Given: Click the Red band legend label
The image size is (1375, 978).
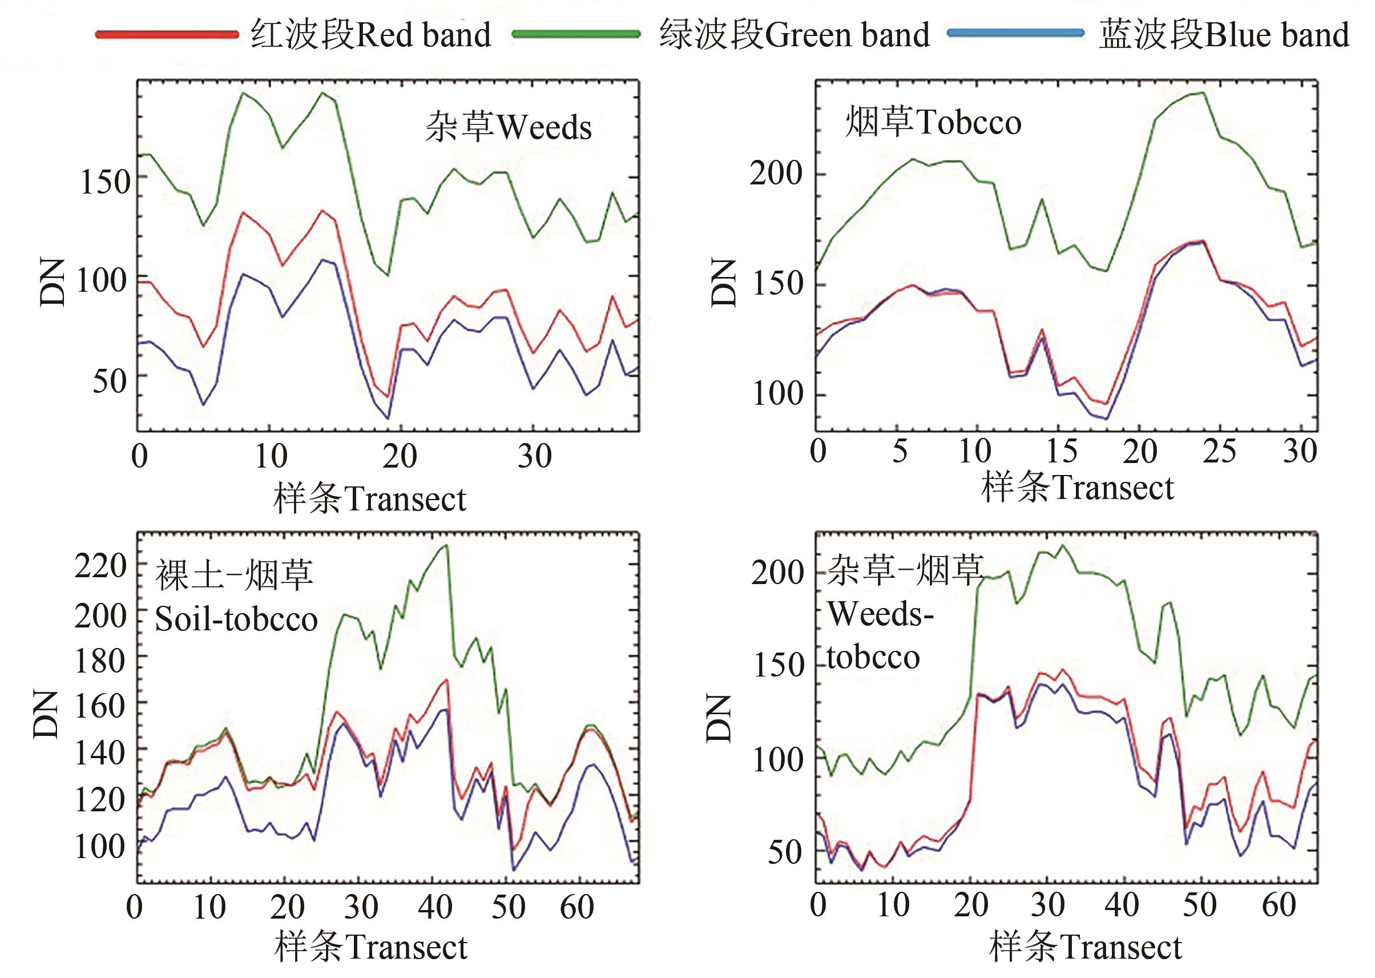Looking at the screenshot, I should [371, 34].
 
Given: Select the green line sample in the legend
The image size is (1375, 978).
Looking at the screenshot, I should [575, 34].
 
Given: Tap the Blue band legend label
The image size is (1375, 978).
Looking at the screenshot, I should [1223, 34].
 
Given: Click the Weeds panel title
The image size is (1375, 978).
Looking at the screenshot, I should [508, 127].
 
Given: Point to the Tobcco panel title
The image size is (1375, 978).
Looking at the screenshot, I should [933, 122].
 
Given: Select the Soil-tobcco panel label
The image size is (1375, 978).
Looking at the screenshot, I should [236, 597].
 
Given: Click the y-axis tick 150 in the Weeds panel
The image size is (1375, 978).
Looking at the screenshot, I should [105, 180].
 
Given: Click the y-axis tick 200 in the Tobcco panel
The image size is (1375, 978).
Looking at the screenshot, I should [777, 174].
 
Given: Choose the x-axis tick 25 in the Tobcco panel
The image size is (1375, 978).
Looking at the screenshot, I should [1219, 451].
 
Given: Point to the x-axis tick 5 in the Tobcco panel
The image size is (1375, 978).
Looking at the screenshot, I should [900, 451].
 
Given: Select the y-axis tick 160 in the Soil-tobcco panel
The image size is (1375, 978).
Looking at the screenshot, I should [100, 706].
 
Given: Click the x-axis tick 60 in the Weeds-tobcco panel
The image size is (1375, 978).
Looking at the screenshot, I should [1278, 905].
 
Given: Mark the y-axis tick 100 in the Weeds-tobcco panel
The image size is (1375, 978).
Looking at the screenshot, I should [778, 760].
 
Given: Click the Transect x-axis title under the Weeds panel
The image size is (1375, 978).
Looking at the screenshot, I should [370, 499].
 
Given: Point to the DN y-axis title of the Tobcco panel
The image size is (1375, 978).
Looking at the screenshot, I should [723, 283].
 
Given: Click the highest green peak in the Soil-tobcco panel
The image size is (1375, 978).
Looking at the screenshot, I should [446, 545].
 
